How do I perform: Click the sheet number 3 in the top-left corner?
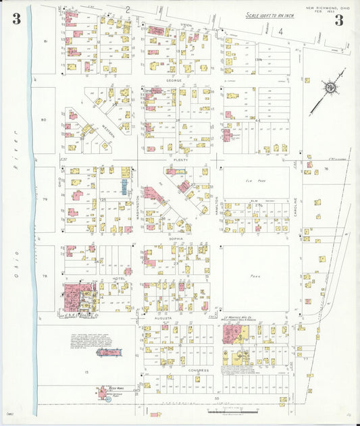[16, 20]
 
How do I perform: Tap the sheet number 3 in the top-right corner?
[339, 20]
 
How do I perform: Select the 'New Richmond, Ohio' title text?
[328, 8]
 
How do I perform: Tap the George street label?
[174, 80]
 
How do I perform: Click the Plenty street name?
[179, 159]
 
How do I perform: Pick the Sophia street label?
[176, 238]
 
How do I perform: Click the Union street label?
[186, 24]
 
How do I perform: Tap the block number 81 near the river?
[45, 42]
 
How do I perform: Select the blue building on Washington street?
[124, 187]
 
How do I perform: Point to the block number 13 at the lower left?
[86, 372]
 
